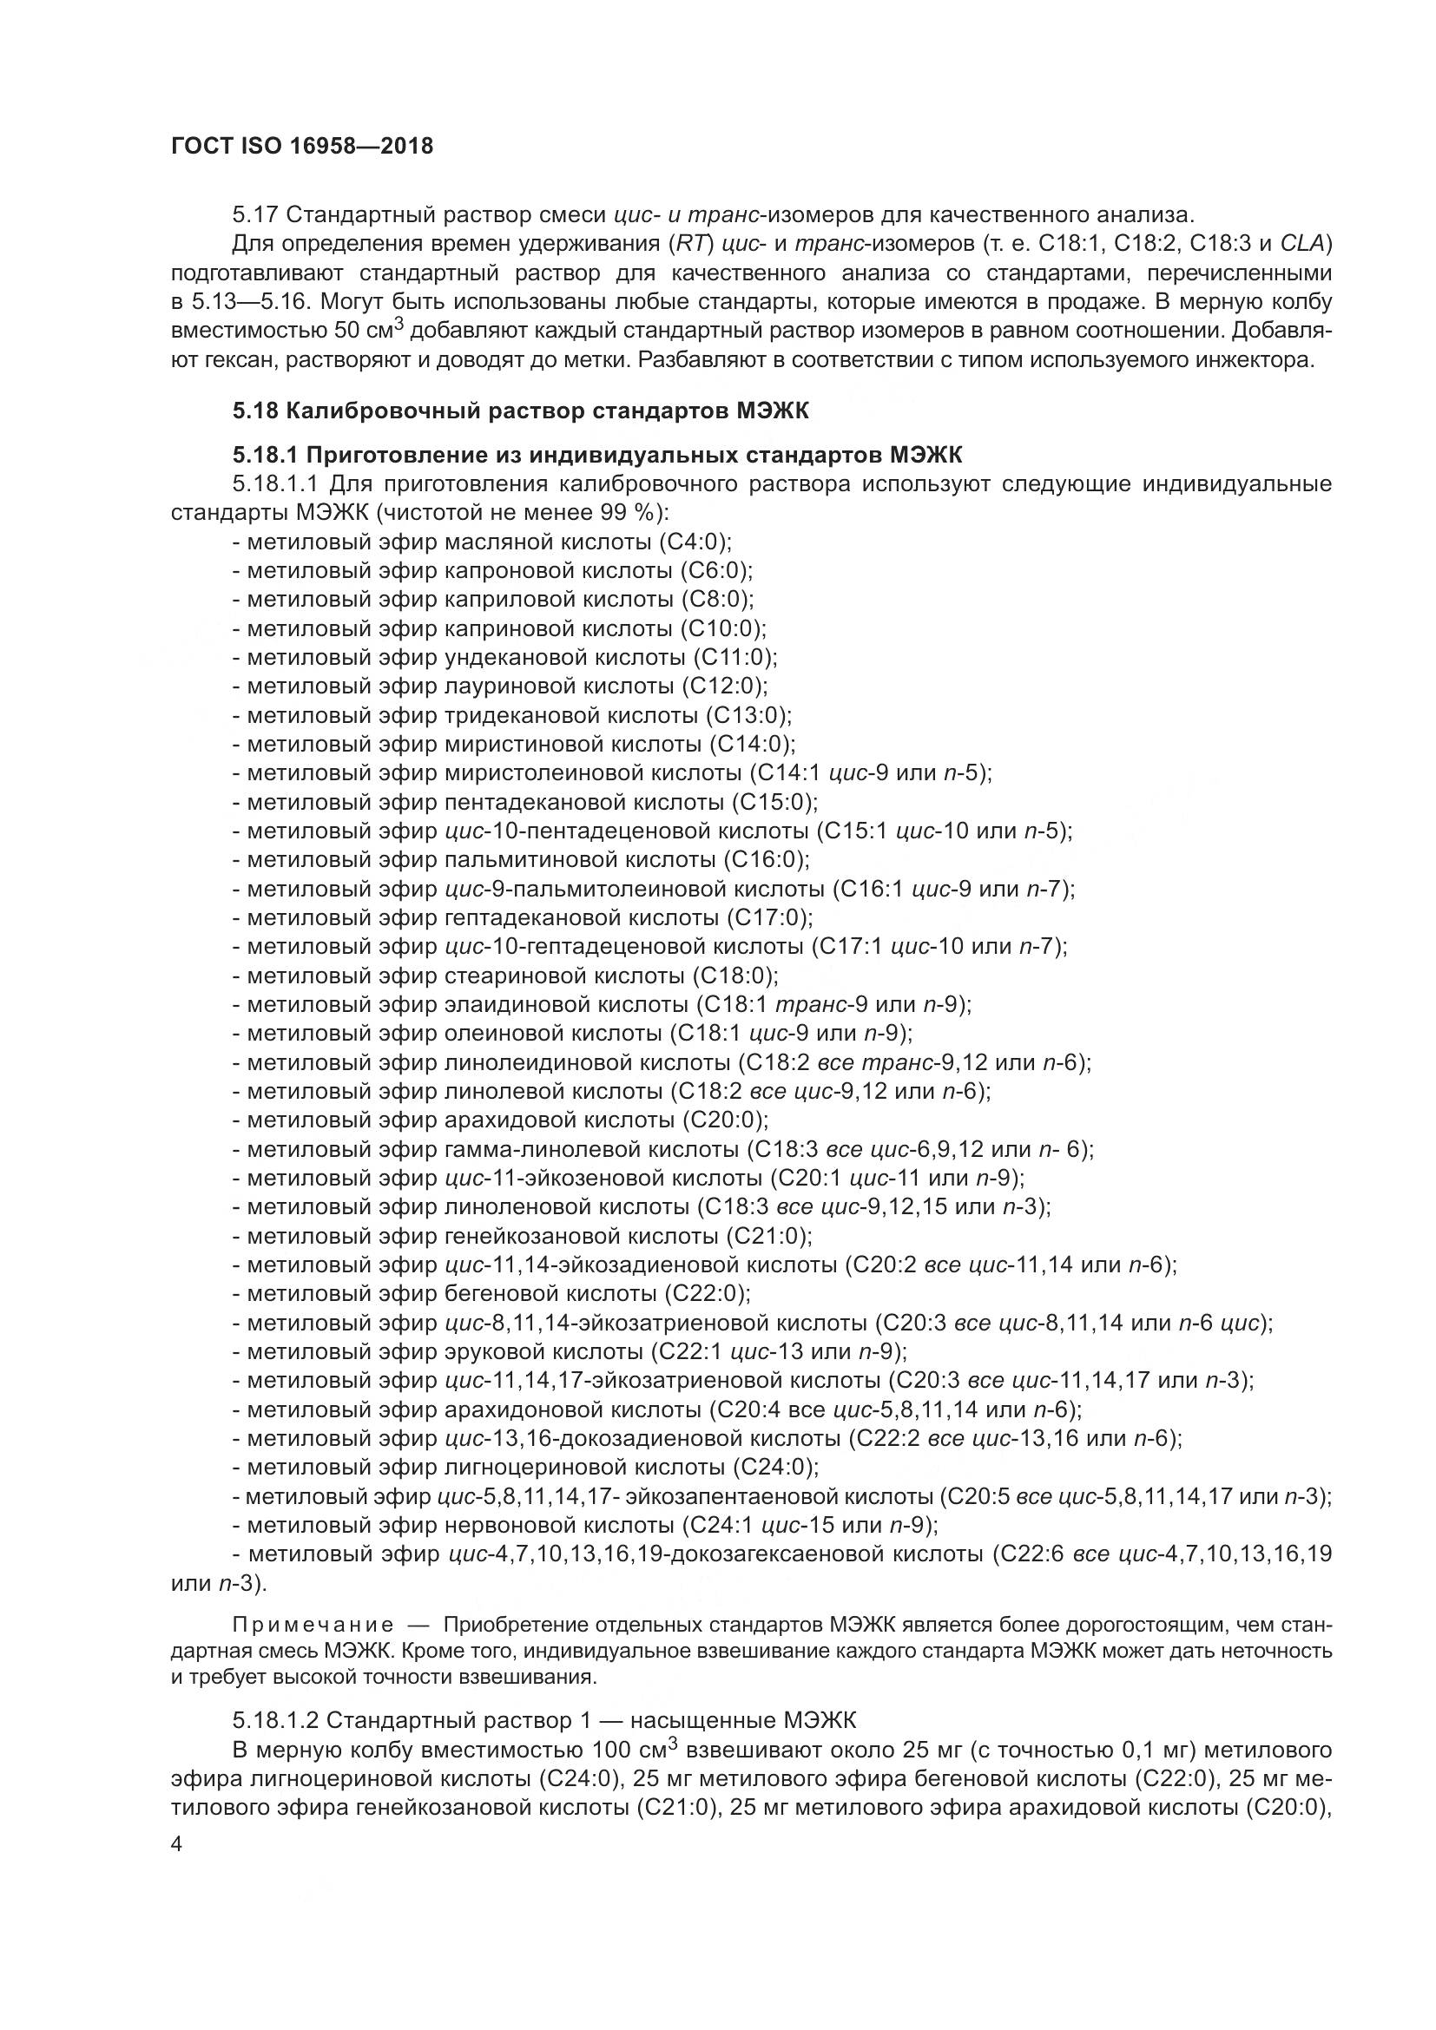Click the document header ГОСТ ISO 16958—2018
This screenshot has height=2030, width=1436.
(x=301, y=146)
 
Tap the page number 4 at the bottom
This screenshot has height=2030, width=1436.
(x=177, y=1844)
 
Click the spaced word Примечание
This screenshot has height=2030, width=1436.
(x=314, y=1625)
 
